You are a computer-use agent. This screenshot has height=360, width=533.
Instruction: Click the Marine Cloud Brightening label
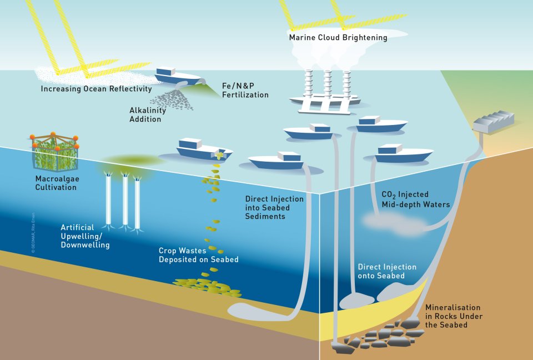338,38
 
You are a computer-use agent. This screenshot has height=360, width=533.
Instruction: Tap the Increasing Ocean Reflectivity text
96,89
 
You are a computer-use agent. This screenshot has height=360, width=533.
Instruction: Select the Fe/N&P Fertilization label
245,91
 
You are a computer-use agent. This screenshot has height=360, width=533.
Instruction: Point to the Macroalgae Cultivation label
56,183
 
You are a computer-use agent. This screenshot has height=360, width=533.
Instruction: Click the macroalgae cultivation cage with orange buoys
54,152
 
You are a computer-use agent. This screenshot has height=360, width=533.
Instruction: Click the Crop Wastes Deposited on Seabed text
198,255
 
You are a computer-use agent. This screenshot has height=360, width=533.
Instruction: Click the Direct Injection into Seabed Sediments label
274,207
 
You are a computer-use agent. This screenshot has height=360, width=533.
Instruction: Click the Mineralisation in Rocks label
453,316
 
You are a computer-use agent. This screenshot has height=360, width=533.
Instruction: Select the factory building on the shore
493,122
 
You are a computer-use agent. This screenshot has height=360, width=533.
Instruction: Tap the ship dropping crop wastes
203,149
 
